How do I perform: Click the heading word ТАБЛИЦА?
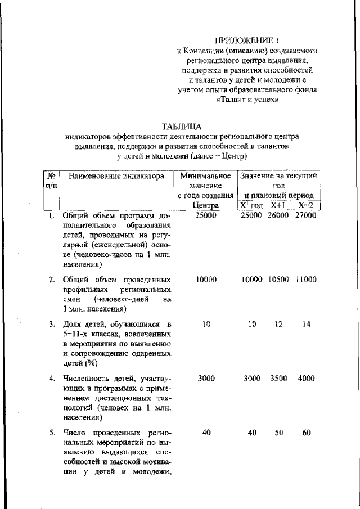pyautogui.click(x=181, y=126)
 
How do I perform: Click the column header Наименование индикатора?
pyautogui.click(x=116, y=176)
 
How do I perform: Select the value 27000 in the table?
pyautogui.click(x=305, y=215)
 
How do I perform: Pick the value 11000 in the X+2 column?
pyautogui.click(x=305, y=280)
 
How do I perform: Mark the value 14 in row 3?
pyautogui.click(x=305, y=325)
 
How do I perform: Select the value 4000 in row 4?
pyautogui.click(x=306, y=379)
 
